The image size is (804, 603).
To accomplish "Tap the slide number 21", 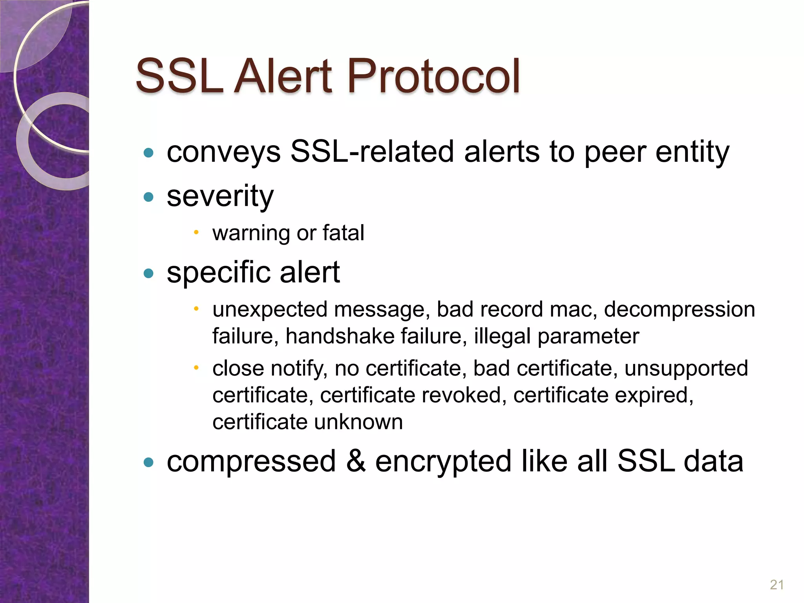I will [x=777, y=585].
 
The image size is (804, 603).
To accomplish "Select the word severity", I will [x=220, y=196].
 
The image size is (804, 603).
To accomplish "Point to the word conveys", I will [x=223, y=152].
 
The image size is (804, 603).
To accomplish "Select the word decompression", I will [x=679, y=309].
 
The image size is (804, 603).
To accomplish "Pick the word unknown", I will [x=358, y=422].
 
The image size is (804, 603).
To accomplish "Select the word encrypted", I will [x=443, y=462].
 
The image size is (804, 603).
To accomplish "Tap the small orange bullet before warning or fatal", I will [x=196, y=232].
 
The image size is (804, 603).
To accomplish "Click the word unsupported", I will [x=686, y=368].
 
